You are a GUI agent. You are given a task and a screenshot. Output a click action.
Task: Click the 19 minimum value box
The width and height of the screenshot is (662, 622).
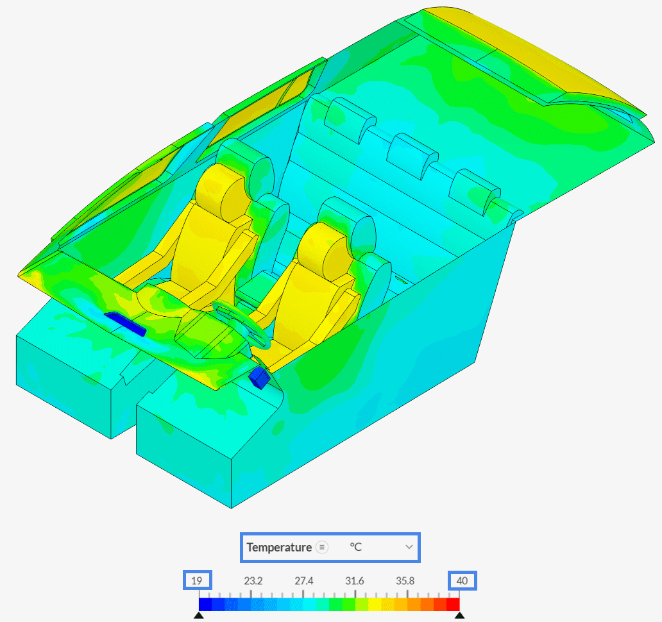point(197,580)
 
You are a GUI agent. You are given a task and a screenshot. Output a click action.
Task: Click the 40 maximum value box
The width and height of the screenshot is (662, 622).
point(463,580)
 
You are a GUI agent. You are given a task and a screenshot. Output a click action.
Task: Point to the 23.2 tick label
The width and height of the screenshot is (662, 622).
point(253,581)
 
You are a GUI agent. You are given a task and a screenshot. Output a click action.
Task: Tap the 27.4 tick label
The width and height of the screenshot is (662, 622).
point(303,581)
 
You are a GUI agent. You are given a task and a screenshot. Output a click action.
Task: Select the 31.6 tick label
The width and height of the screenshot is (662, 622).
point(354,581)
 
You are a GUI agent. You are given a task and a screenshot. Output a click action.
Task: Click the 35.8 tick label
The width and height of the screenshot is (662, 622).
point(405,581)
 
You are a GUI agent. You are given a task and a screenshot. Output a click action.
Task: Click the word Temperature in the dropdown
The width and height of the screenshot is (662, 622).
point(279,548)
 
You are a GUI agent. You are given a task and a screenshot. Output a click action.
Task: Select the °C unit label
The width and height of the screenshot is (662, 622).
point(355,547)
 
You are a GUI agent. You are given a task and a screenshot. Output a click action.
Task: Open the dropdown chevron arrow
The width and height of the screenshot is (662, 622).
point(409,547)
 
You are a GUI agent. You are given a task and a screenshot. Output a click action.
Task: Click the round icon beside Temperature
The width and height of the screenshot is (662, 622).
point(322,548)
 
